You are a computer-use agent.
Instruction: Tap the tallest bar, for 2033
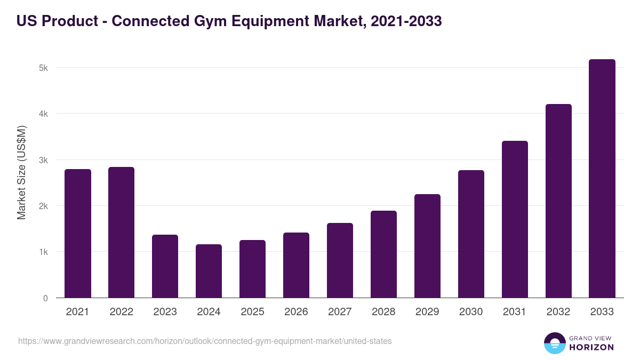tap(602, 179)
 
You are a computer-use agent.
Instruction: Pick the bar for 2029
tap(427, 246)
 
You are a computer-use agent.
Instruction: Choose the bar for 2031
tap(515, 219)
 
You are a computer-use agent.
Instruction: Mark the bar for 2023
tap(165, 266)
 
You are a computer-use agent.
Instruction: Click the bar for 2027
tap(340, 260)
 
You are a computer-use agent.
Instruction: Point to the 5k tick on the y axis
tap(43, 68)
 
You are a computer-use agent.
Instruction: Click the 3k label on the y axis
tap(43, 160)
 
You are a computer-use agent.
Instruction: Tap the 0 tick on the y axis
tap(45, 298)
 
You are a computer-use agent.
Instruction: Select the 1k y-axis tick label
tap(43, 252)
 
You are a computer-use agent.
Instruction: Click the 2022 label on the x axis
tap(121, 312)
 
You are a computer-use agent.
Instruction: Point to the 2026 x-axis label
tap(296, 312)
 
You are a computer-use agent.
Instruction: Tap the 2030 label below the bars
tap(471, 312)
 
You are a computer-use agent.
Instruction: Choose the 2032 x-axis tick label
tap(558, 312)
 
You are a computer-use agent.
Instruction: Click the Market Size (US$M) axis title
tap(21, 172)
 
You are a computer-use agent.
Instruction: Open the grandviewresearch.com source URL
tap(205, 341)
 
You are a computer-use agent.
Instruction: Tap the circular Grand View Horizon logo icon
tap(554, 343)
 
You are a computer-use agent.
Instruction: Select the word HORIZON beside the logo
tap(591, 347)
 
